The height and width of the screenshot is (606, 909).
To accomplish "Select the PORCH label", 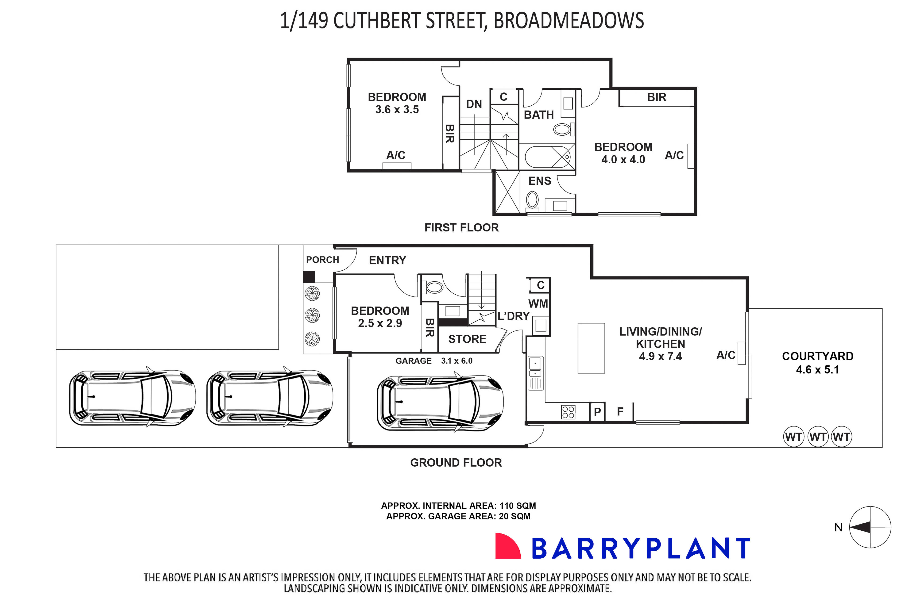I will click(x=322, y=260).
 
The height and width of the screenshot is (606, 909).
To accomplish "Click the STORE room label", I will click(x=467, y=339).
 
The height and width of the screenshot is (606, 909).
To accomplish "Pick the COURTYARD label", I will click(x=817, y=356).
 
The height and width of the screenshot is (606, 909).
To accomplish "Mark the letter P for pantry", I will click(x=597, y=412).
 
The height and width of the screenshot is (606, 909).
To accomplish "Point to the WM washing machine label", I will click(x=538, y=304).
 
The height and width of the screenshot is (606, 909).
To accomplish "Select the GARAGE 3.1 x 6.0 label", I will click(x=434, y=361).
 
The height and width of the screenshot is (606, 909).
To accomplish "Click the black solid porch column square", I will click(x=309, y=277).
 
